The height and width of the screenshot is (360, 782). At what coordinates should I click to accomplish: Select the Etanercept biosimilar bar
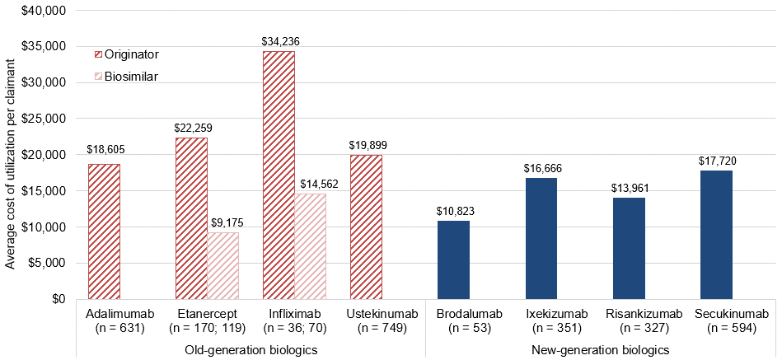[x=222, y=265]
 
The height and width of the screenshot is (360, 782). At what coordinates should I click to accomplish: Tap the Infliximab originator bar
[x=279, y=175]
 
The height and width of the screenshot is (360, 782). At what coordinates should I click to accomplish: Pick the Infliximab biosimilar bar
[x=310, y=245]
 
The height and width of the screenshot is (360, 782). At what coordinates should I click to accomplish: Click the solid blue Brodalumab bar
[x=453, y=259]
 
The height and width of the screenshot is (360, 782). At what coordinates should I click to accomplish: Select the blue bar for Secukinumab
[x=715, y=235]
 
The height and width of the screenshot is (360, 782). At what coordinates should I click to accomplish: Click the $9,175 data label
[x=222, y=223]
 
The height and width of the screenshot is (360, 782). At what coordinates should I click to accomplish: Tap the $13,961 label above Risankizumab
[x=628, y=188]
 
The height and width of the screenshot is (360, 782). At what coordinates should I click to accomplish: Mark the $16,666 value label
[x=541, y=168]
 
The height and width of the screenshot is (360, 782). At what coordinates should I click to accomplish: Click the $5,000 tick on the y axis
[x=48, y=263]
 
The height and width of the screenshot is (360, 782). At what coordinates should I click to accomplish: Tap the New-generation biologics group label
[x=601, y=349]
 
